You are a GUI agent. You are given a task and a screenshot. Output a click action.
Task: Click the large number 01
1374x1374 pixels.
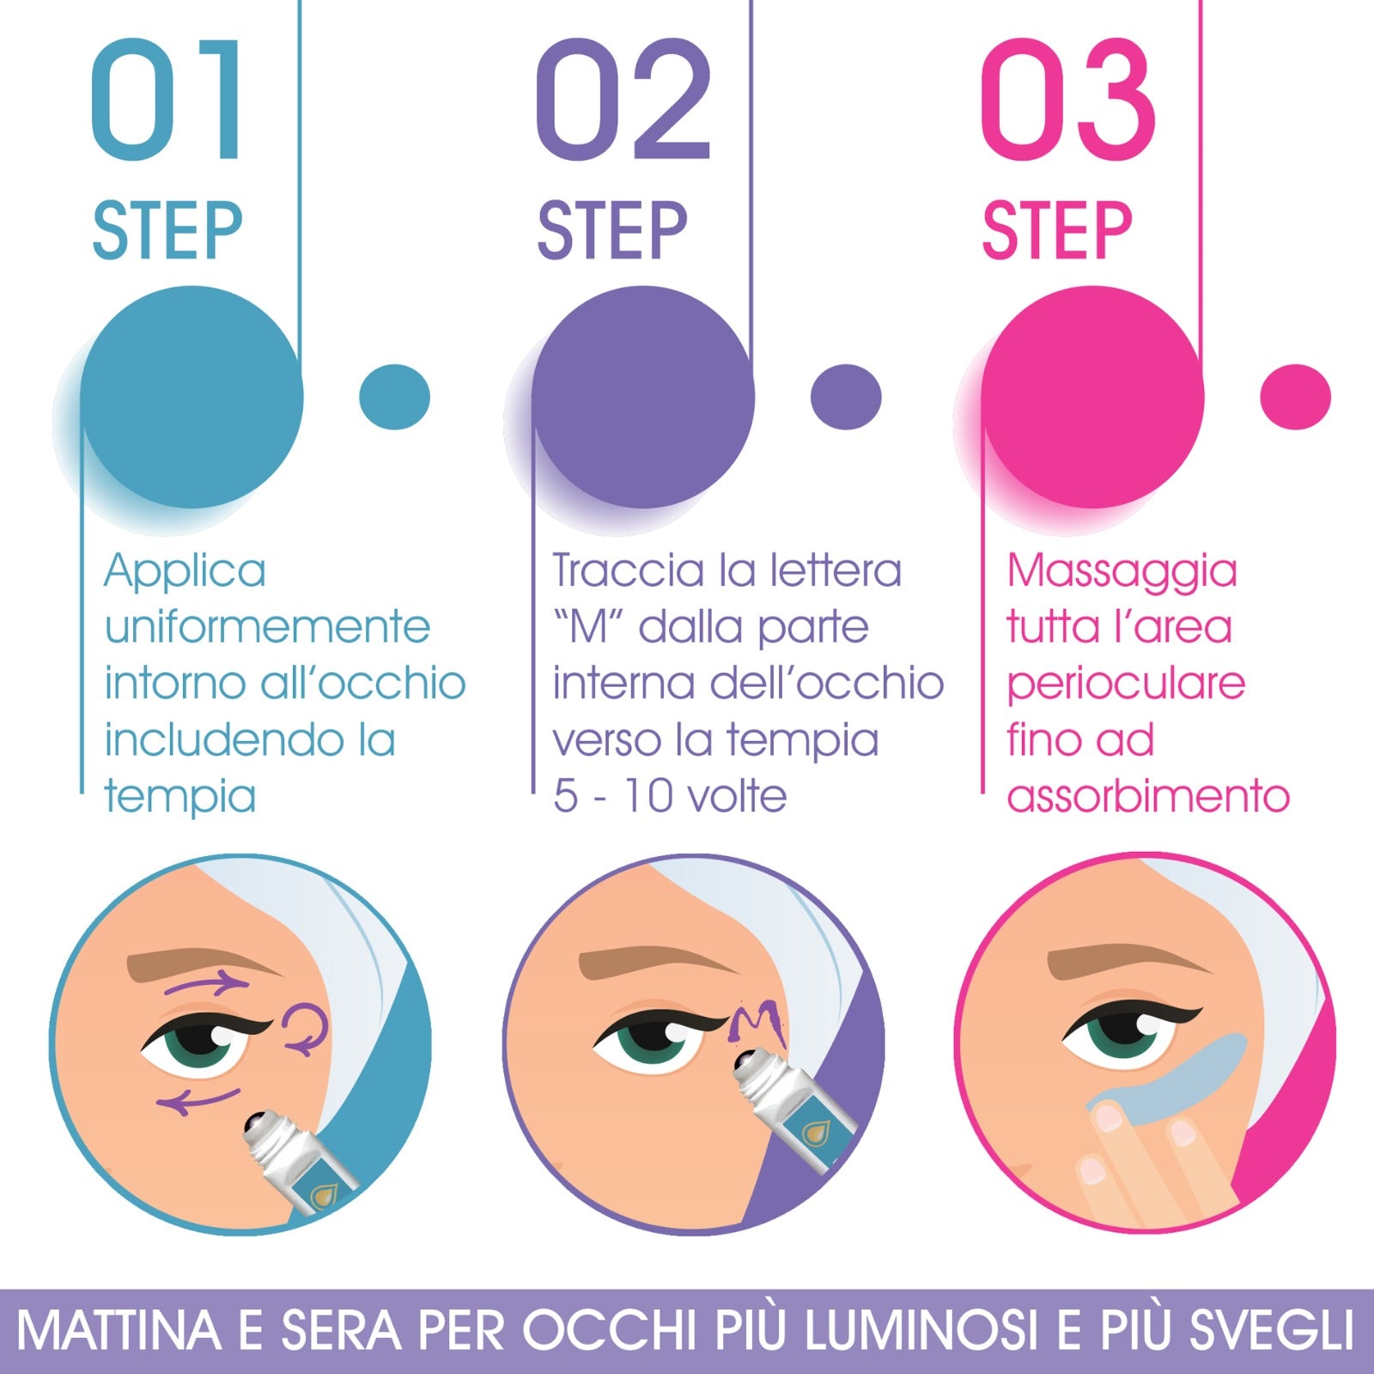point(167,101)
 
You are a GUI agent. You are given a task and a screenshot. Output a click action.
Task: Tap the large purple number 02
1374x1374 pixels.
point(623,101)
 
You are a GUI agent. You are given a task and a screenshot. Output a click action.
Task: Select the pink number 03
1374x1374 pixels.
point(1067,101)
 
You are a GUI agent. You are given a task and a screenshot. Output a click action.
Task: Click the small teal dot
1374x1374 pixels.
point(394,397)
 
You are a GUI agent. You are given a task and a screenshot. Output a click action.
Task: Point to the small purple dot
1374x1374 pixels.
point(846,397)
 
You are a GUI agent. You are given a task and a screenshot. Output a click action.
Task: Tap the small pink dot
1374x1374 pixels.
point(1295,397)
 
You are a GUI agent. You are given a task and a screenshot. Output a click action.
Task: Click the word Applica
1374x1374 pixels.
point(185,572)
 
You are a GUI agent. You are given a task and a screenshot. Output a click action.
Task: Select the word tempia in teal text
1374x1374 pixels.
point(180,797)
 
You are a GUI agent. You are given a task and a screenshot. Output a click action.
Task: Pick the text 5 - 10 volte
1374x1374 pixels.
point(670,797)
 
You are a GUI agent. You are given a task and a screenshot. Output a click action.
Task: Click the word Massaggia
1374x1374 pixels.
point(1122,572)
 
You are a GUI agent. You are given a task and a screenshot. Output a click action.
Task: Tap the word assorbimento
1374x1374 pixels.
point(1148,797)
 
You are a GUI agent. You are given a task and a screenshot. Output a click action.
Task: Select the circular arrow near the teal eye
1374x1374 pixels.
point(305,1027)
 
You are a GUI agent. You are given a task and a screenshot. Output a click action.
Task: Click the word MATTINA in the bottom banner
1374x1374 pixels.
point(119,1331)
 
